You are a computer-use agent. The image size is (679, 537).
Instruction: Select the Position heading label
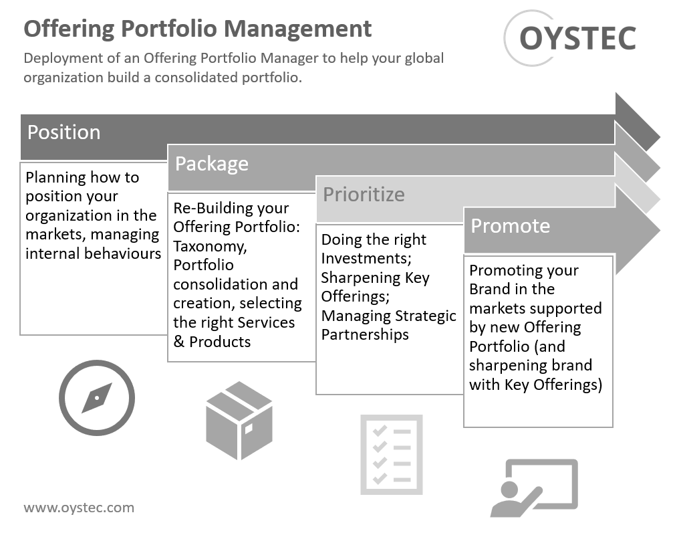(x=63, y=132)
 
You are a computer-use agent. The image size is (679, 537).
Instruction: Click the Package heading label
(x=211, y=164)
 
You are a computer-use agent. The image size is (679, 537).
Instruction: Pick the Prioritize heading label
(x=364, y=195)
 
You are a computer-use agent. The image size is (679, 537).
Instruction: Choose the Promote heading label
(x=510, y=225)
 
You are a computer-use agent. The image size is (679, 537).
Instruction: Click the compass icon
(x=96, y=398)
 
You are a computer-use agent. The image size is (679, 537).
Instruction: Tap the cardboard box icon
(x=239, y=420)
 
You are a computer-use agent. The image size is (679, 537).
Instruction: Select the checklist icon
(x=391, y=454)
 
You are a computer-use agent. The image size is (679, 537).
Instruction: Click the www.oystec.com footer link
(x=79, y=508)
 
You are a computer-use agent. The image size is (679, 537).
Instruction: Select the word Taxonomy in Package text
(x=209, y=246)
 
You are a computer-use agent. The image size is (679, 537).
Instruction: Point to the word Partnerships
(x=364, y=334)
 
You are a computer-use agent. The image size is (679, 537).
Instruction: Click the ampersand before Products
(x=178, y=342)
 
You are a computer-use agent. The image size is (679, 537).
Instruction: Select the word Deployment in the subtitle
(x=61, y=58)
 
